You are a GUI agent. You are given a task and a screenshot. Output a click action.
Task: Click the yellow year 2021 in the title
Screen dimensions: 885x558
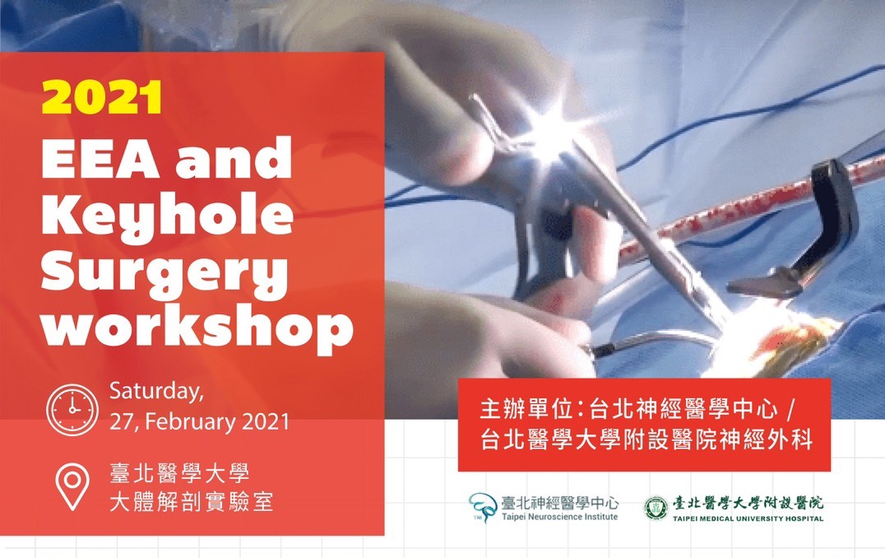(102, 97)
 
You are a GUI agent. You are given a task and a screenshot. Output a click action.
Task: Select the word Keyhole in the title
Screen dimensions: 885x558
(168, 217)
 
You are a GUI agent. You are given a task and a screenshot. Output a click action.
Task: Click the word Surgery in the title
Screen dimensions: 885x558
(164, 275)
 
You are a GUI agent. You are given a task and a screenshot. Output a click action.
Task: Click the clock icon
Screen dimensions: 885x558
(72, 410)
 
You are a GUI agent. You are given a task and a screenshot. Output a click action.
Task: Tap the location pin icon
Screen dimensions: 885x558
(72, 486)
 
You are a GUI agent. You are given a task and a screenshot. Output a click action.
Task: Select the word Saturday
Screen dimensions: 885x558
(156, 392)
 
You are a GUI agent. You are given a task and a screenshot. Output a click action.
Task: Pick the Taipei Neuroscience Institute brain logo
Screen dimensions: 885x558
(483, 506)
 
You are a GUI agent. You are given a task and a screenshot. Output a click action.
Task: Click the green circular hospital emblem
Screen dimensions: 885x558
(656, 508)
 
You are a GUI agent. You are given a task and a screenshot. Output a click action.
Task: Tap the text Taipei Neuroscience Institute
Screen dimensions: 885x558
(559, 517)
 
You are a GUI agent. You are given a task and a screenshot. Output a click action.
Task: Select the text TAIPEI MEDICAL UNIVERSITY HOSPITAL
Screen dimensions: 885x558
(748, 518)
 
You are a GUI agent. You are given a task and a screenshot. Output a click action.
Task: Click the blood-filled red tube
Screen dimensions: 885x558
(751, 201)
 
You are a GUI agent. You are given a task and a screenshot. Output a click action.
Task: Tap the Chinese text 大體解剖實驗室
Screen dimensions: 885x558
(192, 501)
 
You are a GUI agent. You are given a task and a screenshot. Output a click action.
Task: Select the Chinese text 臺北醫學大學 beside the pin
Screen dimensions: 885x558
(179, 472)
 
